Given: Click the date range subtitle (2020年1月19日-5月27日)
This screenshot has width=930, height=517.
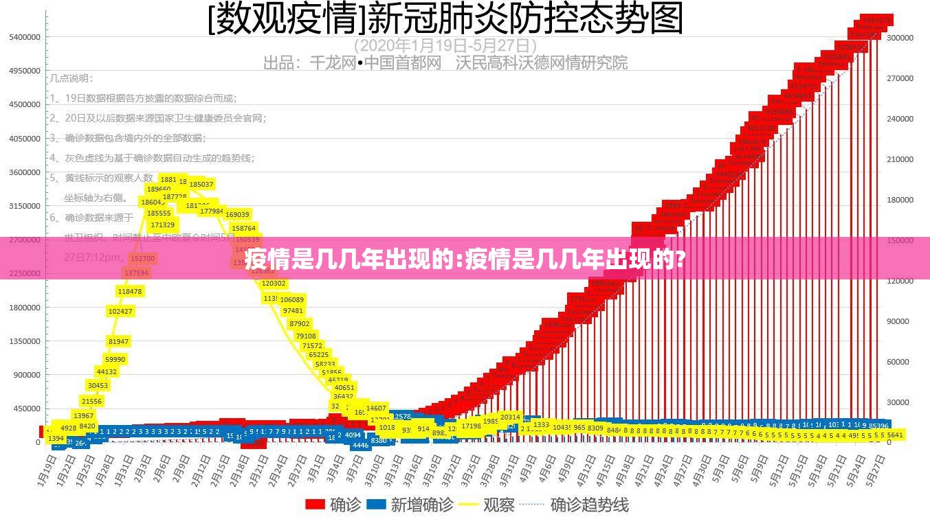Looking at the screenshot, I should pos(445,45).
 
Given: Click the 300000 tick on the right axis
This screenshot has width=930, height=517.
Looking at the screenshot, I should pos(900,38).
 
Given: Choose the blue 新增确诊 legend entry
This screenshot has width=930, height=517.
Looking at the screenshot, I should pos(410,505).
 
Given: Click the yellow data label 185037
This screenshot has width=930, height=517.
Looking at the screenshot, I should pos(201,184).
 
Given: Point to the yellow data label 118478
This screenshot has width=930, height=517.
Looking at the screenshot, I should pos(130,291).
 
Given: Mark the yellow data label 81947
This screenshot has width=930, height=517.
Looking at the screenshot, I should pos(118,341).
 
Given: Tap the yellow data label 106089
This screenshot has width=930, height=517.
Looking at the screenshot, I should pos(292,299).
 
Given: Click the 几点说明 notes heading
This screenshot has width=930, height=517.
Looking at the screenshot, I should pos(70,78).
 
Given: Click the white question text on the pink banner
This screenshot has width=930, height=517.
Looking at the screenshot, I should pos(465,259).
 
